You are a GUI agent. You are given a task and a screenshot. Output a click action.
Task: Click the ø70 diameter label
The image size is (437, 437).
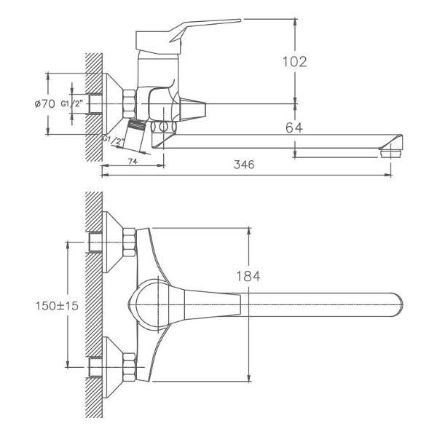pos(45,103)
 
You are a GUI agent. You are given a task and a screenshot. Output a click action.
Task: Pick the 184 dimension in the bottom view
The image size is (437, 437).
pos(248,276)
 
